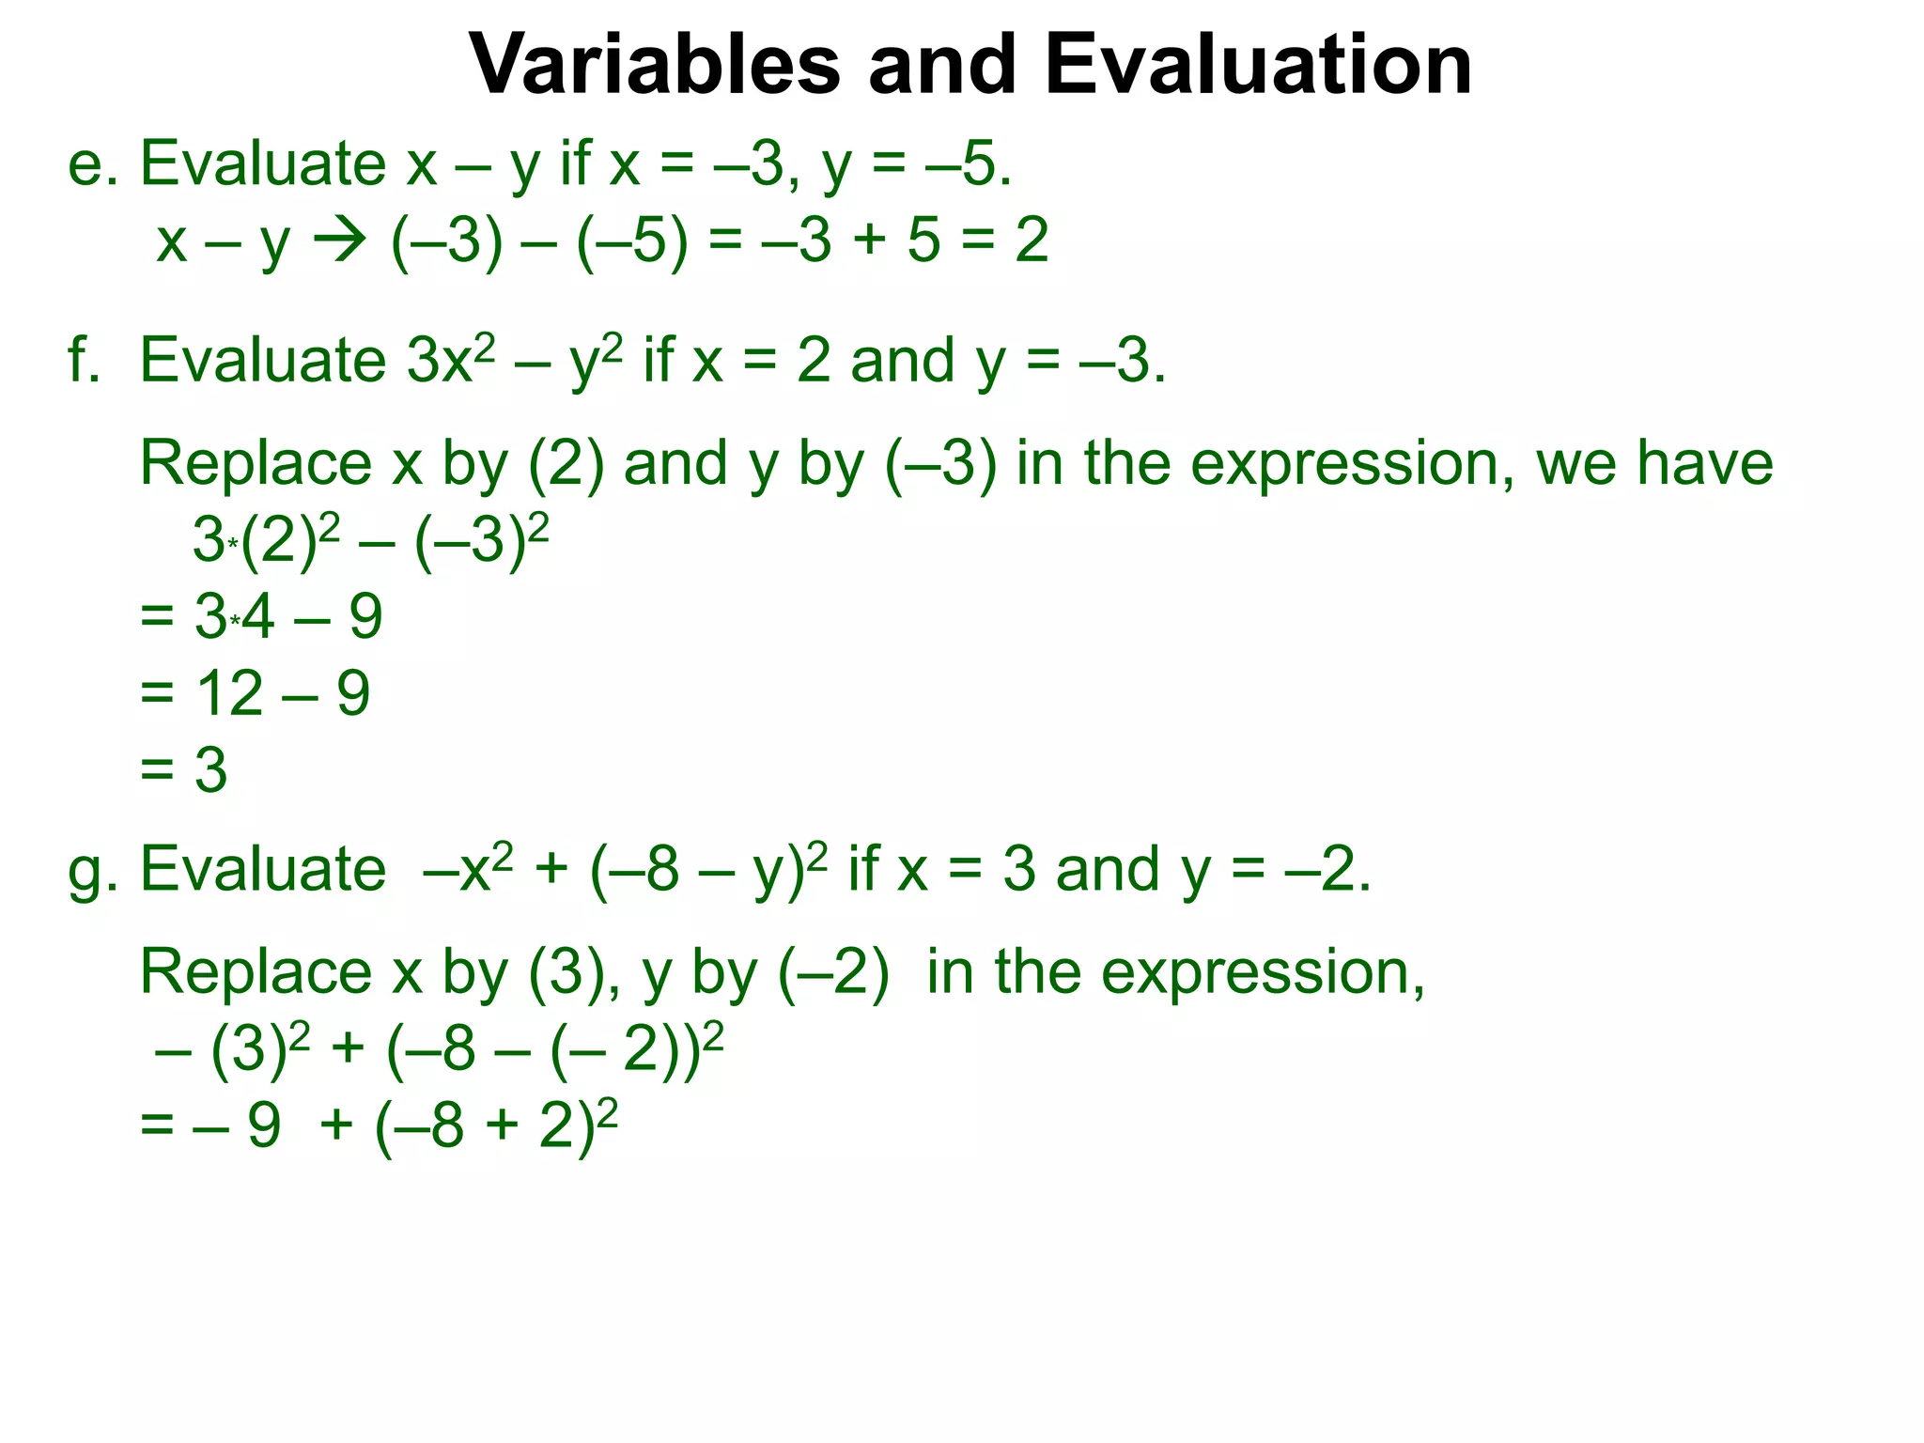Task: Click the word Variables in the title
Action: [x=654, y=66]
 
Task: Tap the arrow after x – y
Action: [x=338, y=241]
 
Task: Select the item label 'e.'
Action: [x=92, y=164]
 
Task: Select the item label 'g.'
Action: [x=92, y=870]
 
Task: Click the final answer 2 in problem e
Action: [x=1032, y=240]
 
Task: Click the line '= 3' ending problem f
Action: [x=184, y=770]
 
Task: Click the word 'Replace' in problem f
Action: [x=256, y=463]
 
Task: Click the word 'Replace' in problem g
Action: [x=256, y=971]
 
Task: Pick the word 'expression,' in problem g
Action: [x=1263, y=973]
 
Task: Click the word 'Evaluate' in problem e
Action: [x=263, y=164]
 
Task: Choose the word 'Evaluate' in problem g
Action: [x=263, y=870]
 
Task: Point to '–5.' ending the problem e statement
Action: [x=968, y=164]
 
